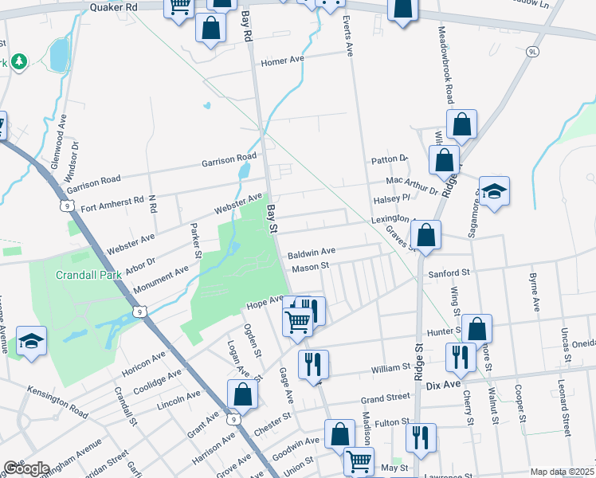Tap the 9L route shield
(533, 51)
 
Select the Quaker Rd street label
(115, 6)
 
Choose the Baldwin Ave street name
(312, 252)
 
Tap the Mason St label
(310, 268)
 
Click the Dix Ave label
(444, 385)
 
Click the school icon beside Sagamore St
(494, 191)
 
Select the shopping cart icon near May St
(359, 459)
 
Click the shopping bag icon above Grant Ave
(242, 394)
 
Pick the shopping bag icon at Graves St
(426, 235)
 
